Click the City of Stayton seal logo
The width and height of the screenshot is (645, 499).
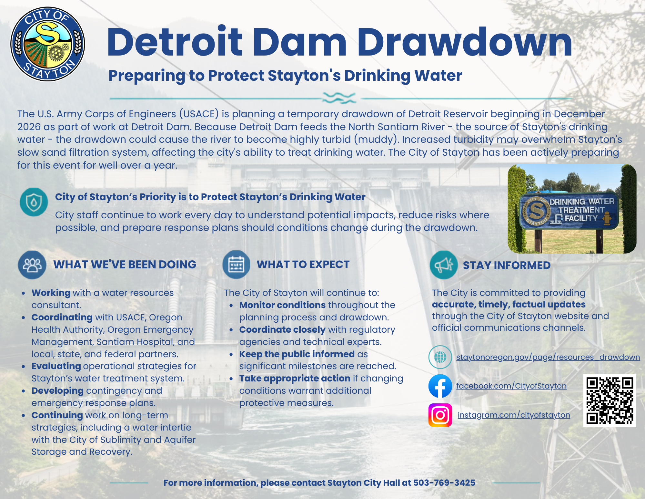[48, 44]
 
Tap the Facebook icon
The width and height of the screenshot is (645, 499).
[440, 386]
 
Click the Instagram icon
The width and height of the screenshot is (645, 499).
[440, 415]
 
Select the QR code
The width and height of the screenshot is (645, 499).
[610, 400]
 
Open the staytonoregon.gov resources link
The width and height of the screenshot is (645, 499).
[548, 357]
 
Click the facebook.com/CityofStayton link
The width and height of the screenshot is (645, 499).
[511, 386]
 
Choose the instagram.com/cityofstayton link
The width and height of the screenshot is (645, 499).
[514, 415]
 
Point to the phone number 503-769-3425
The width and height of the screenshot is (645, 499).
[444, 483]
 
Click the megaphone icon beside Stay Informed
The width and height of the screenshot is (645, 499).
[444, 265]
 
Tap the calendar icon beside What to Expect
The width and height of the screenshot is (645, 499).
[236, 265]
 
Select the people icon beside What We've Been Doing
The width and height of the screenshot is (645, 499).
[32, 265]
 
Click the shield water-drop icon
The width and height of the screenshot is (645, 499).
[34, 202]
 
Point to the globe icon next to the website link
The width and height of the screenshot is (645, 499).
[440, 357]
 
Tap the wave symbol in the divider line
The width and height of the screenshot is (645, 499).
[339, 98]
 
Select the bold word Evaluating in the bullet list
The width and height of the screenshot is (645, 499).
[56, 366]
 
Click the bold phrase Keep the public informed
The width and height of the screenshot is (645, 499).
[297, 354]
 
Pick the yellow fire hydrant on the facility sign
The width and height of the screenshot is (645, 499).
[607, 218]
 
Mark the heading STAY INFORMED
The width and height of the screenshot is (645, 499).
[507, 265]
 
